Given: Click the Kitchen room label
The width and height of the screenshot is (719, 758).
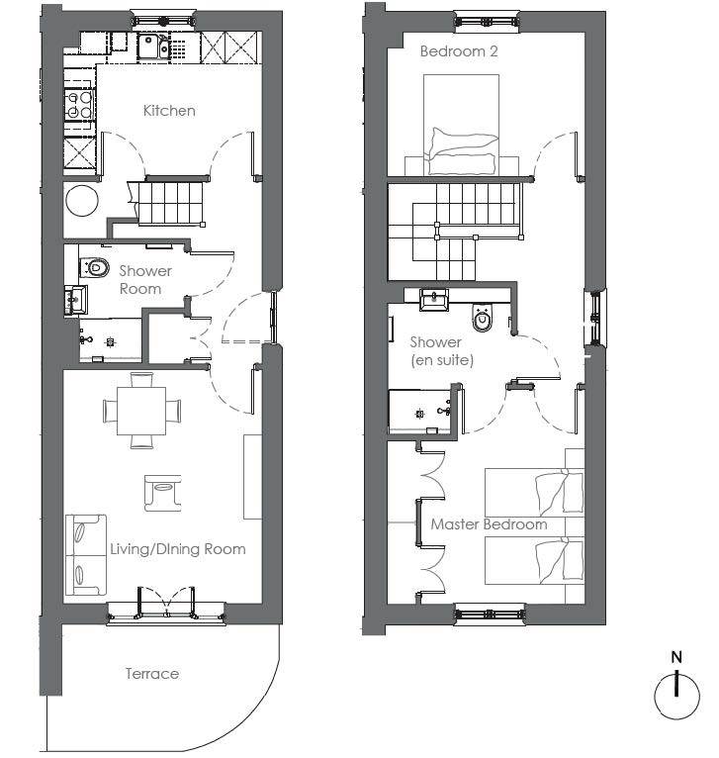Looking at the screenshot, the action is [x=169, y=111].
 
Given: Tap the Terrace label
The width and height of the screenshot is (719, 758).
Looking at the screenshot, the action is [x=152, y=674].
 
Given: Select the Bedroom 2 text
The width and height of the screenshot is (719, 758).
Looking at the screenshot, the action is [x=459, y=51].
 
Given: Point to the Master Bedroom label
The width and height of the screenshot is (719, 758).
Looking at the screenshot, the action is [x=489, y=524].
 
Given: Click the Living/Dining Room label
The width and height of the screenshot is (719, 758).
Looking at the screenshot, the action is [x=178, y=549].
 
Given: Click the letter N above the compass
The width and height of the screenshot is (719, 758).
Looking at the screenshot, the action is [x=676, y=657].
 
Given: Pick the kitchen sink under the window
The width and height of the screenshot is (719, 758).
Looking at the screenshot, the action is [x=153, y=47].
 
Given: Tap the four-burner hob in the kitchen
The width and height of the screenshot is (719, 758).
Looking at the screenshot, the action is [x=79, y=105].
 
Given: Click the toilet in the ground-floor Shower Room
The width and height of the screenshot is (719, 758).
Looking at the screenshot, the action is [x=94, y=267].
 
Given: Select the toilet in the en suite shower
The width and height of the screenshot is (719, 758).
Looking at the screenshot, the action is [x=483, y=319].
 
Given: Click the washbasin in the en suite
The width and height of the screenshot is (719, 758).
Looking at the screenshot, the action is [x=434, y=300].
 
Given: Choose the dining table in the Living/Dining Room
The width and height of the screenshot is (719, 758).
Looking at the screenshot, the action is [x=141, y=411].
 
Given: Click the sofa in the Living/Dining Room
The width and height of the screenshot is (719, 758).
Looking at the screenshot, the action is [x=85, y=554].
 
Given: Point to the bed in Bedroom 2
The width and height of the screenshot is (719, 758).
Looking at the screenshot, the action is [x=461, y=125].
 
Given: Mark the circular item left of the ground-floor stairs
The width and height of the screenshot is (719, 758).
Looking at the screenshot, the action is [x=82, y=200].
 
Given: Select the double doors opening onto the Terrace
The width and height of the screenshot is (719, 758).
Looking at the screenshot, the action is [x=166, y=604].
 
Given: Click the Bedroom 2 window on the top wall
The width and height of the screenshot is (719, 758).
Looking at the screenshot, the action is [x=488, y=21].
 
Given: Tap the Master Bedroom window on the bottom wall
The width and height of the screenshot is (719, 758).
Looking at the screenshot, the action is [x=490, y=615].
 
